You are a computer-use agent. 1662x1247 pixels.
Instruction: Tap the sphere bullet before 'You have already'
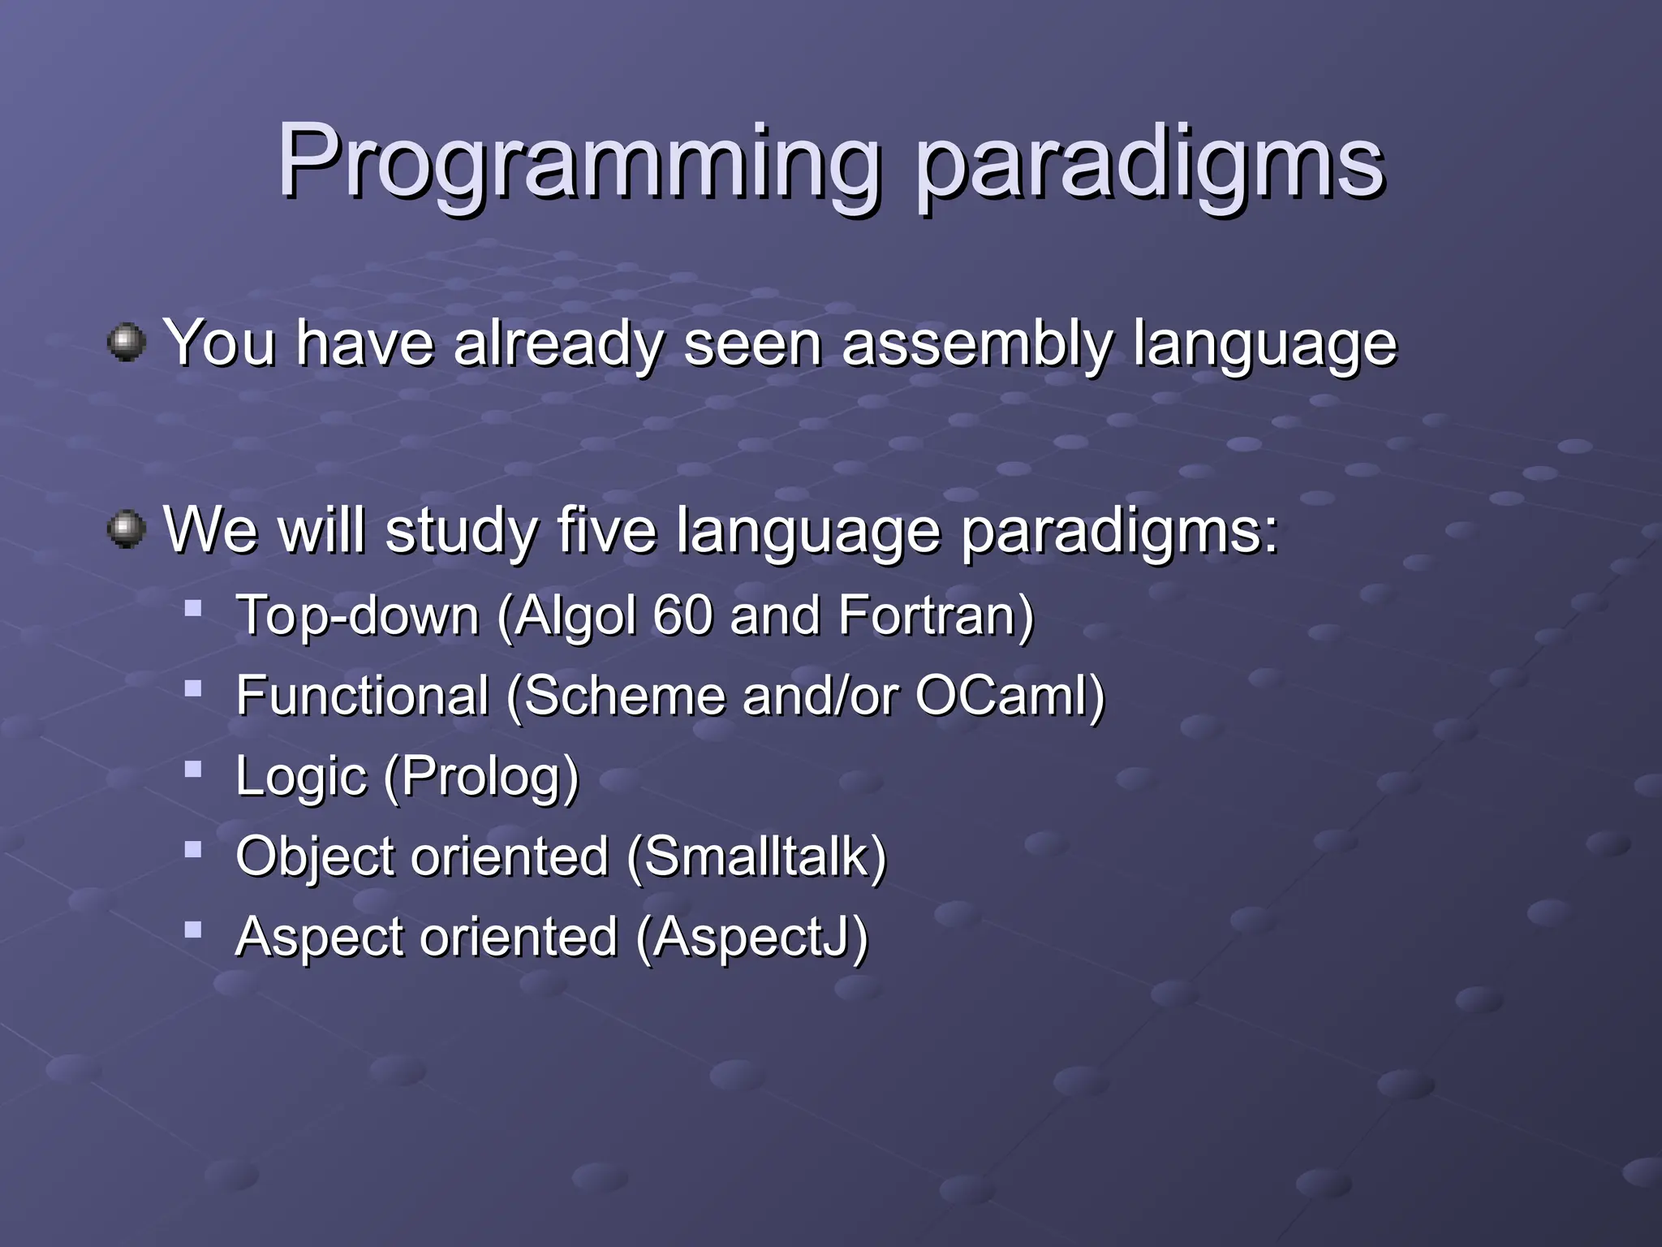click(x=127, y=342)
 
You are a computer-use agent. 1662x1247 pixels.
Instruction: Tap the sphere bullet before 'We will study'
click(x=127, y=529)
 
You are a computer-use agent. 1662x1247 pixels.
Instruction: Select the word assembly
click(x=977, y=344)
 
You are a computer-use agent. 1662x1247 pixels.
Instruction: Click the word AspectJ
click(x=751, y=937)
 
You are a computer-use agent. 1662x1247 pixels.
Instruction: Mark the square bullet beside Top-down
click(x=192, y=608)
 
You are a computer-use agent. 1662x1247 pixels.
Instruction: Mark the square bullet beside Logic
click(x=192, y=769)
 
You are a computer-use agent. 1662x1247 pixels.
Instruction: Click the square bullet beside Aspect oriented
click(x=192, y=929)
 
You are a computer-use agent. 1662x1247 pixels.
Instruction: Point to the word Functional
click(x=362, y=696)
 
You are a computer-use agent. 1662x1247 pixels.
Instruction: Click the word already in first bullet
click(x=559, y=344)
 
